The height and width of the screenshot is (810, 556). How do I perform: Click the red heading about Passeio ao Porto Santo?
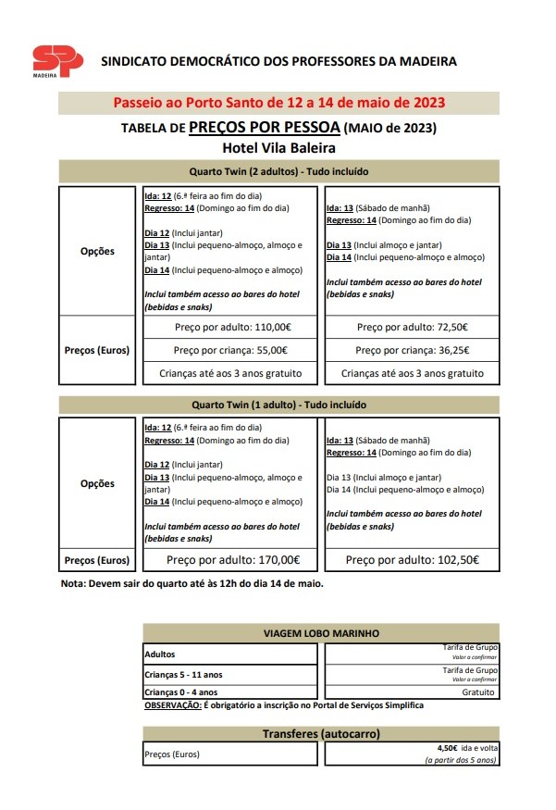278,102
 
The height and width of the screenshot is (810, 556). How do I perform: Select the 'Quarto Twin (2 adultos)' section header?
278,171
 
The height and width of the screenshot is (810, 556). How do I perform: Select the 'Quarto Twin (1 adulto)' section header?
278,405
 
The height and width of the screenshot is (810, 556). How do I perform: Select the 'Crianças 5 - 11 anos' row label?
184,674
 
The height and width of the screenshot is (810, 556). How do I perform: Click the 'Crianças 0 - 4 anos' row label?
181,692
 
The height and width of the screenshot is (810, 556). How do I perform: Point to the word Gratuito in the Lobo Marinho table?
478,692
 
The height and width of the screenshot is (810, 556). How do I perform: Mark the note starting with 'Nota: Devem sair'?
192,584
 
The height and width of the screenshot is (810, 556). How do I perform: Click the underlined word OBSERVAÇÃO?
173,705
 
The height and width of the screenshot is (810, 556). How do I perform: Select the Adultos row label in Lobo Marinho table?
160,654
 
